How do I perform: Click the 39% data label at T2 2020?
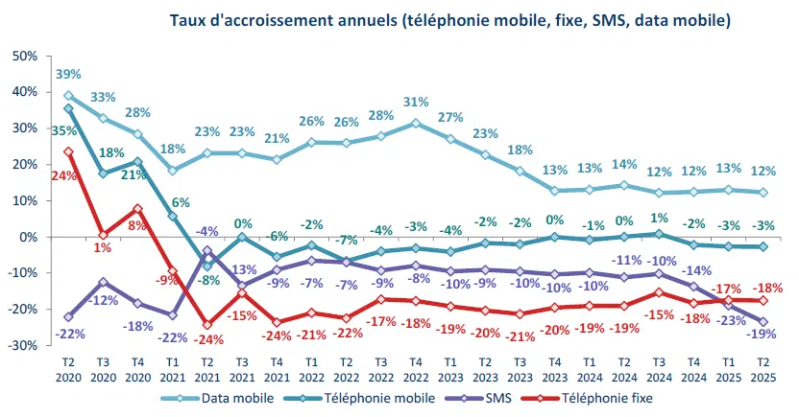68,74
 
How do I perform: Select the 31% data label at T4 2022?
416,102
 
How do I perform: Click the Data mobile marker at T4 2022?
415,123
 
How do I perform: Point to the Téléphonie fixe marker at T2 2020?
68,151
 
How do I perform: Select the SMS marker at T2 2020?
68,316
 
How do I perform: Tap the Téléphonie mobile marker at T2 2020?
68,109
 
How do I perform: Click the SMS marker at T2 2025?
762,322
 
